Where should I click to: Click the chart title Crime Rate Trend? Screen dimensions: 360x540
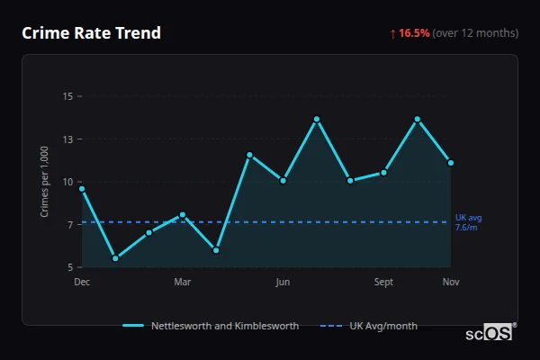click(x=92, y=33)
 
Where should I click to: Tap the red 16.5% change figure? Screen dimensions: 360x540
click(x=415, y=33)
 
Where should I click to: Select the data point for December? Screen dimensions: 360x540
click(x=82, y=189)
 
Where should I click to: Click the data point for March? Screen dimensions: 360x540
click(x=183, y=215)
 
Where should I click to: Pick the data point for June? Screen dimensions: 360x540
click(x=283, y=181)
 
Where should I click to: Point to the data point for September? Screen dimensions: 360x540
click(x=383, y=172)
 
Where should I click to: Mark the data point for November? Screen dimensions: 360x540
click(x=450, y=163)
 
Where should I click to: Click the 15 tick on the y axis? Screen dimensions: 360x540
click(x=67, y=96)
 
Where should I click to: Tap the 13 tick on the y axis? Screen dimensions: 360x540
click(x=67, y=139)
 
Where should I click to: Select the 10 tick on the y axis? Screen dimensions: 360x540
click(x=67, y=182)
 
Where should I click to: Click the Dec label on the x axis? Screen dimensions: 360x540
click(x=82, y=283)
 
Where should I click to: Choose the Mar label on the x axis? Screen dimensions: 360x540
click(x=183, y=283)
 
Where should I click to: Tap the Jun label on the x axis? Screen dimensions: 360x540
click(x=283, y=283)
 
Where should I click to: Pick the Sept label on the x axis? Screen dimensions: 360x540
click(x=383, y=283)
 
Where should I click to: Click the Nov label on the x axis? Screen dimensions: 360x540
click(x=451, y=283)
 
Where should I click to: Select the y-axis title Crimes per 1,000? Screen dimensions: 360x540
click(x=44, y=182)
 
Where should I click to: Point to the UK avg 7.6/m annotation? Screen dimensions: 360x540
click(x=469, y=222)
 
